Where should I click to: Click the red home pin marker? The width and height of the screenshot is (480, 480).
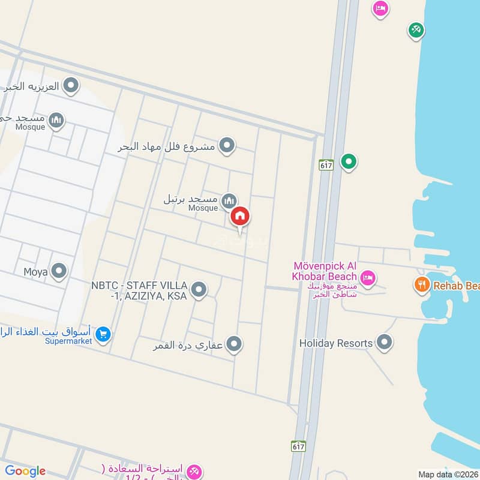tap(240, 217)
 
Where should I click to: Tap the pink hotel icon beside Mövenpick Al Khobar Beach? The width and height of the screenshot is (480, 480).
tap(368, 277)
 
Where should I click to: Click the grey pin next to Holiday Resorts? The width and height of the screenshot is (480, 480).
tap(385, 343)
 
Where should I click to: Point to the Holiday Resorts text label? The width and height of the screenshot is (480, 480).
tap(336, 344)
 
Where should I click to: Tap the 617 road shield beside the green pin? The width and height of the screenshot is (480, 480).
tap(326, 164)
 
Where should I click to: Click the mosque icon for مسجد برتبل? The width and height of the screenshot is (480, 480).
tap(228, 200)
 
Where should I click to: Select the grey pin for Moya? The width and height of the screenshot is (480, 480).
tap(59, 271)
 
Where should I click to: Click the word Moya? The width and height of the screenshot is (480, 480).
tap(35, 272)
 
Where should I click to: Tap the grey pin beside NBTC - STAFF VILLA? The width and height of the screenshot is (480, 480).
tap(199, 290)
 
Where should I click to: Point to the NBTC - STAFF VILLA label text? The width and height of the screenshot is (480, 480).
tap(140, 290)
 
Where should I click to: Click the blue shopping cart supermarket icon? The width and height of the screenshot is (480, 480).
tap(103, 334)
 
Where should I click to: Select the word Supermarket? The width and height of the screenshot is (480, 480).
tap(68, 341)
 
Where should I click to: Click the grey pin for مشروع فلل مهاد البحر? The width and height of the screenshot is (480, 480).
tap(227, 145)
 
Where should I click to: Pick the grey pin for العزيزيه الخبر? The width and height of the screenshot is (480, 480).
tap(71, 86)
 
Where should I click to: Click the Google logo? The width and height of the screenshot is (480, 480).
tap(25, 471)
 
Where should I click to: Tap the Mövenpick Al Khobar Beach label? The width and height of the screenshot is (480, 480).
tap(326, 271)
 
